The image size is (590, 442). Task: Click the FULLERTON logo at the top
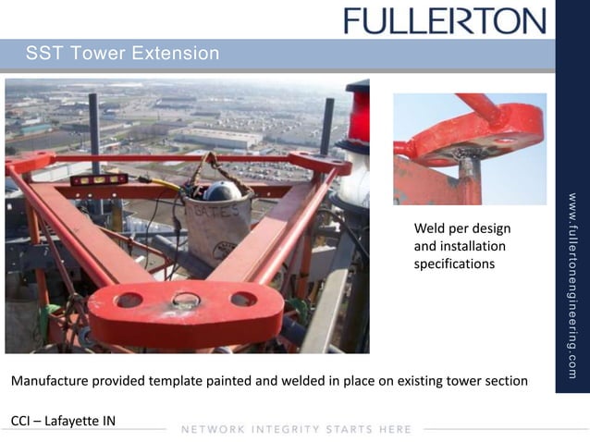(444, 20)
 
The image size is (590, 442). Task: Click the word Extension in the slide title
(176, 54)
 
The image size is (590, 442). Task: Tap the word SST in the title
(43, 54)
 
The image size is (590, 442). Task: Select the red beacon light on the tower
(358, 112)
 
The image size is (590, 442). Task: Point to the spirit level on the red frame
(99, 178)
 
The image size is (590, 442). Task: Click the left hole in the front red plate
(129, 300)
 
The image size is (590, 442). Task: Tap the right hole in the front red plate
(244, 299)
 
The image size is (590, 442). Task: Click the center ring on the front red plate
(186, 300)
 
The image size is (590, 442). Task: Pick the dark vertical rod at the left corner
(94, 129)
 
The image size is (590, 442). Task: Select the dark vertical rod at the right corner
(326, 126)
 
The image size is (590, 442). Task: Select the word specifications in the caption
(453, 264)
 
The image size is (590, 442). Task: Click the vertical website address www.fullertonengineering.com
(572, 286)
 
